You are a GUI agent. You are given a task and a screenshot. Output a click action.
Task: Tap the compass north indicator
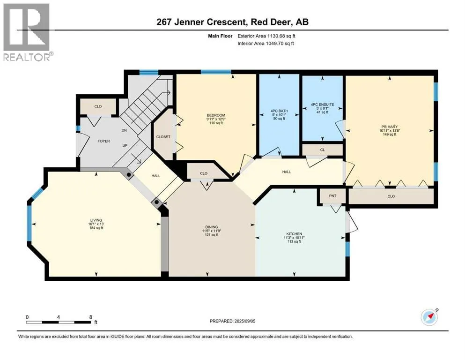click(x=429, y=317)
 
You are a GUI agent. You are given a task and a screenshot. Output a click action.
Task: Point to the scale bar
click(x=59, y=322)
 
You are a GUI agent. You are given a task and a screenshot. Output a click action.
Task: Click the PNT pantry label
click(x=333, y=196)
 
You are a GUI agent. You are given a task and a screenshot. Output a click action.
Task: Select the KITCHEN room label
click(x=294, y=234)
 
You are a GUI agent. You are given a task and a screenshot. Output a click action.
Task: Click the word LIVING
click(x=96, y=220)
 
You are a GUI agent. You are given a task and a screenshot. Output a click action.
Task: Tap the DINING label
click(x=212, y=227)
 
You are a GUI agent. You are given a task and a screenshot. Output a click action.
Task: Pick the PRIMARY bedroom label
click(x=390, y=127)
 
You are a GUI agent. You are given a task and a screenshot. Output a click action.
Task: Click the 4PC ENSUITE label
click(x=322, y=105)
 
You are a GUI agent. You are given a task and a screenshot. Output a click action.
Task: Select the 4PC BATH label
click(x=280, y=111)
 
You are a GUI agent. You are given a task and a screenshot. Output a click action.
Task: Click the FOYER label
click(x=104, y=141)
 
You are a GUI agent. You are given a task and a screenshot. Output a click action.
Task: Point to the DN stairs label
click(x=124, y=130)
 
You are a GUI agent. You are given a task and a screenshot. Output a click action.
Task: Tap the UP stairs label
click(x=125, y=145)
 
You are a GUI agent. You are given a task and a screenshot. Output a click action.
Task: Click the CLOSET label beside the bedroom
click(x=163, y=137)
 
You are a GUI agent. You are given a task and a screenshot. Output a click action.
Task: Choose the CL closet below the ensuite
click(x=323, y=150)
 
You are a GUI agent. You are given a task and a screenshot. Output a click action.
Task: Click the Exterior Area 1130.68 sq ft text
click(x=266, y=36)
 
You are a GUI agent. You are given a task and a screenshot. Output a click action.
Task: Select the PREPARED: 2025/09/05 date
click(x=232, y=321)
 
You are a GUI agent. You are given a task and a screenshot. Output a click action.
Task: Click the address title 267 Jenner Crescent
click(x=201, y=22)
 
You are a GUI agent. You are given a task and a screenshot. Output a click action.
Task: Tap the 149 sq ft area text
click(x=390, y=135)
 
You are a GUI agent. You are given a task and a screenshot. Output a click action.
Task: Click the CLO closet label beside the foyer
click(x=98, y=106)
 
